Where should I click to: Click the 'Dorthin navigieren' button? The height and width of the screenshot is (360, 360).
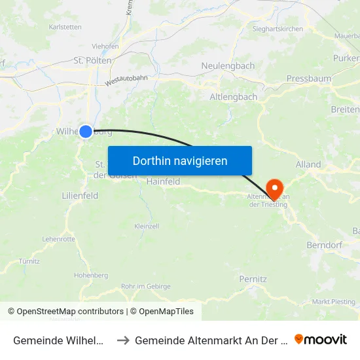click(x=179, y=160)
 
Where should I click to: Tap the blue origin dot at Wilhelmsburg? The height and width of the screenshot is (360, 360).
click(x=86, y=132)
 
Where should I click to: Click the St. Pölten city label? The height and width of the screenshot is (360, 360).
click(x=91, y=60)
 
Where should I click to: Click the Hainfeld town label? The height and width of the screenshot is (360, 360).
click(x=163, y=182)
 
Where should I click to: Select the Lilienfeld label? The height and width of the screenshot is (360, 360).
click(x=80, y=196)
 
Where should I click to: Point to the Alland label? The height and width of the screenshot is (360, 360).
click(x=308, y=164)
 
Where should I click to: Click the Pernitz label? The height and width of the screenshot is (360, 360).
click(x=253, y=279)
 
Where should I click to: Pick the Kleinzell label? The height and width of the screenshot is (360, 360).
click(x=147, y=226)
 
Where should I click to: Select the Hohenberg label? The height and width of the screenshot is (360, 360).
click(x=91, y=276)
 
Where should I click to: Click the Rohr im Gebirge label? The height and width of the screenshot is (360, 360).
click(x=146, y=286)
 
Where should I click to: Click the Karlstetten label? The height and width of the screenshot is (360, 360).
click(x=65, y=27)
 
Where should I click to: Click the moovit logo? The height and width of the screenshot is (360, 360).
click(x=321, y=340)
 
